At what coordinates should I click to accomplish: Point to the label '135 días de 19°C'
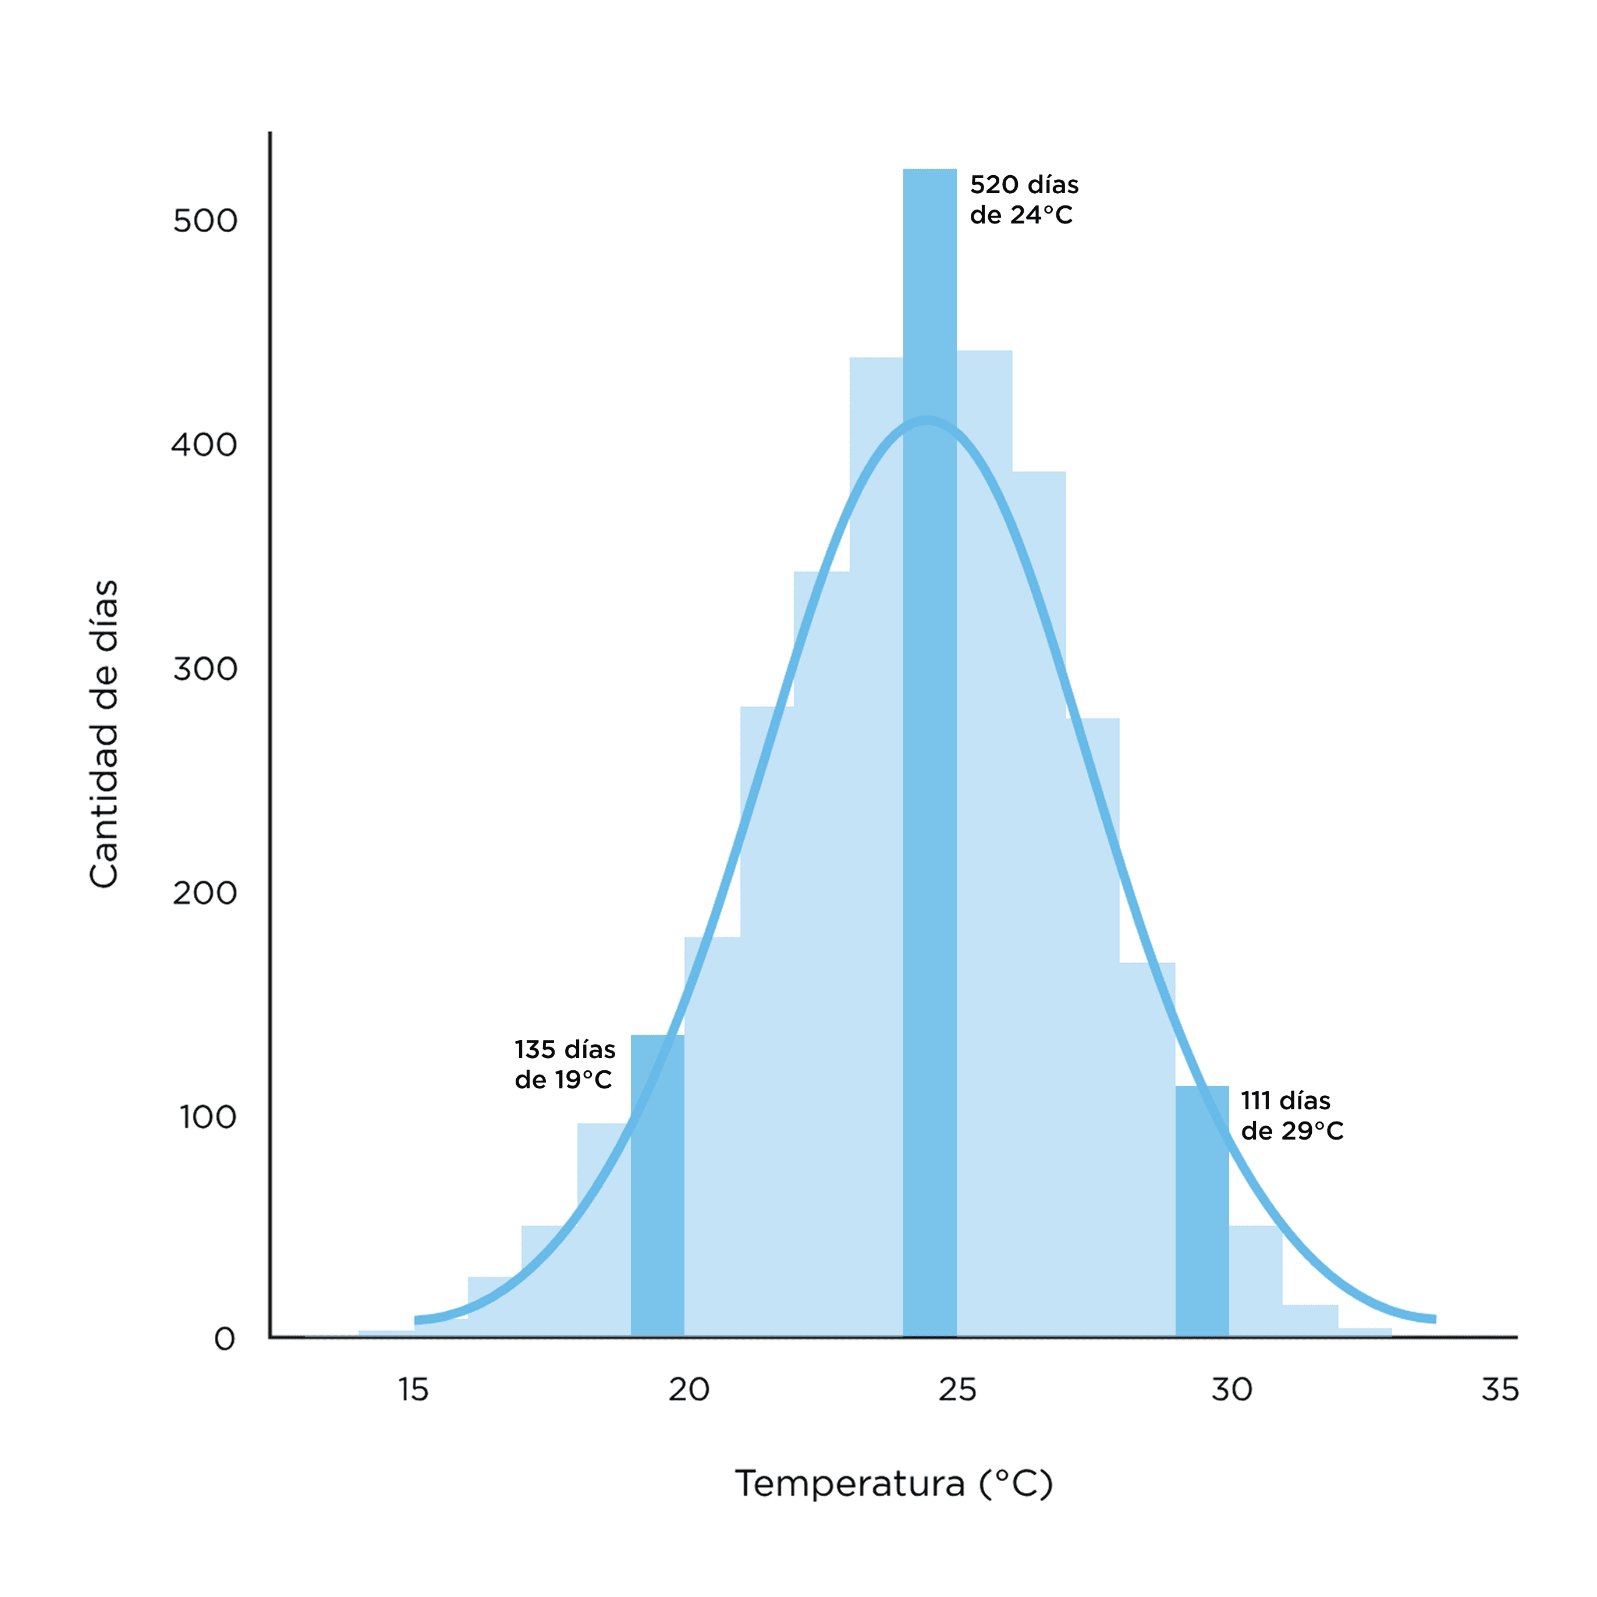point(565,1064)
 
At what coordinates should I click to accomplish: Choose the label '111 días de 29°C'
point(1291,1116)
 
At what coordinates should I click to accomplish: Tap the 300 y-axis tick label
point(205,669)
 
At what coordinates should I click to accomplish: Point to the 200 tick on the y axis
point(205,893)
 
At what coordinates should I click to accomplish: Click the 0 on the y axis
point(225,1340)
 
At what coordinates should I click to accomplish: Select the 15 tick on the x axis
point(413,1390)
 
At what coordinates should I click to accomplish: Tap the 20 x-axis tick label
point(689,1390)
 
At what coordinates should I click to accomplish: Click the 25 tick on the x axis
point(957,1390)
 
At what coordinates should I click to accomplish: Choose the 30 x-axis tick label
point(1232,1390)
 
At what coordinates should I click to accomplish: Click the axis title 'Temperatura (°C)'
point(893,1483)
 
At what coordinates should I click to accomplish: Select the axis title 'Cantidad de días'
point(105,734)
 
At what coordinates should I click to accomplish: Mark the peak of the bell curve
point(928,421)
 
